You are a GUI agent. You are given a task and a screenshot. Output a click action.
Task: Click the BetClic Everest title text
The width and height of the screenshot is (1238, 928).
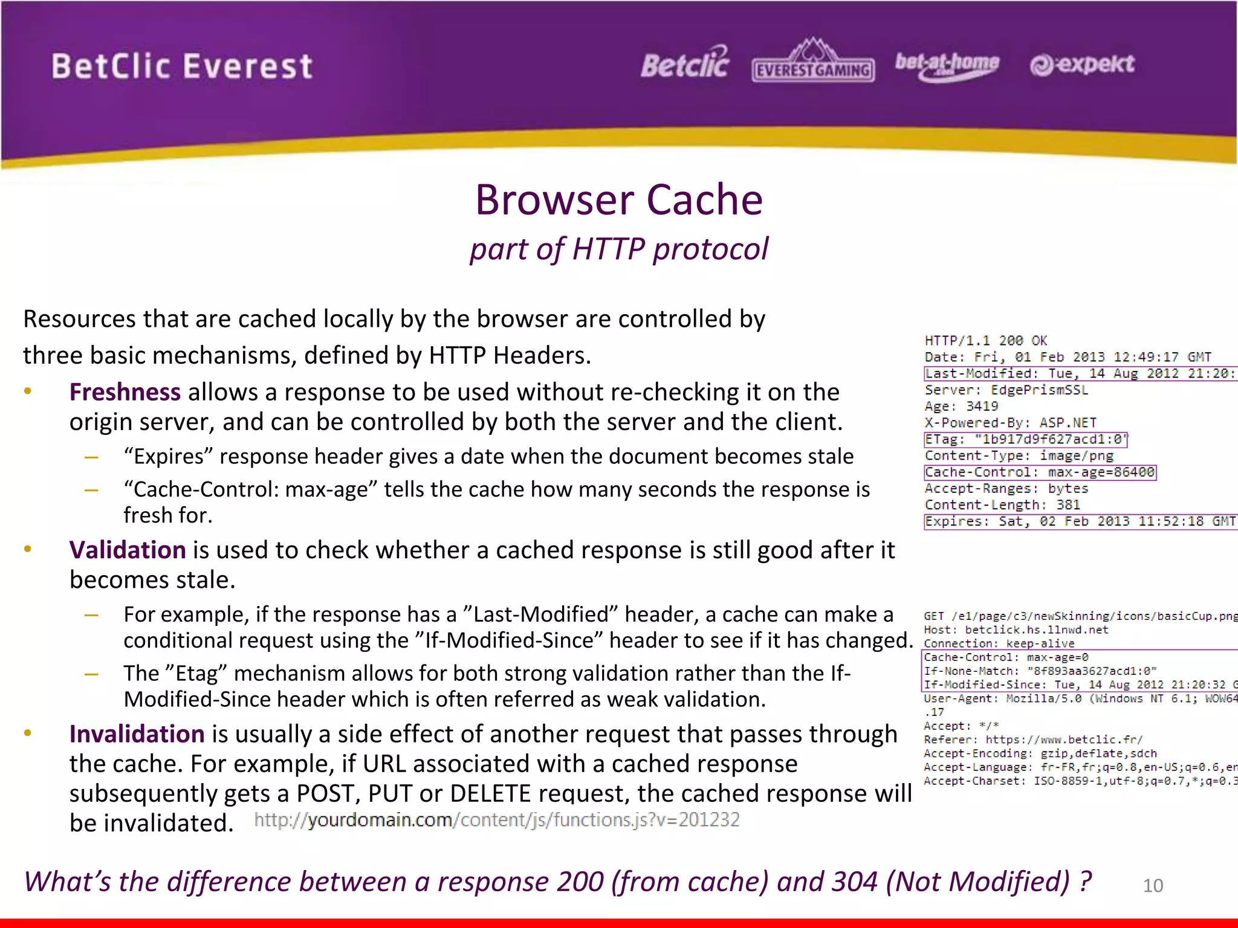[182, 66]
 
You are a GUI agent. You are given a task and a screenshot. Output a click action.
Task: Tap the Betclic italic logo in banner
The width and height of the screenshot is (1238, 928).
[685, 64]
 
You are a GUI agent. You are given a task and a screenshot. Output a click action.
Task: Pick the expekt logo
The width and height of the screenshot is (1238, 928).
[1082, 64]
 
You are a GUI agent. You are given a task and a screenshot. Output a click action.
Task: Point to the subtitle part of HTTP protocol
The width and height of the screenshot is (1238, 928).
[618, 249]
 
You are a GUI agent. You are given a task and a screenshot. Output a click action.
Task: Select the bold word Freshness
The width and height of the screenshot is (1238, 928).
[125, 392]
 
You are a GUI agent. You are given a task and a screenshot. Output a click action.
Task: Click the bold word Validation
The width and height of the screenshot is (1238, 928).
[127, 550]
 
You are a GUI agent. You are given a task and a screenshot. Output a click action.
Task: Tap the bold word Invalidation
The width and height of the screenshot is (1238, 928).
[137, 733]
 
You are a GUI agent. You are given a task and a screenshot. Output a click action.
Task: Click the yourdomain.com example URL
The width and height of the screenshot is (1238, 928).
[496, 820]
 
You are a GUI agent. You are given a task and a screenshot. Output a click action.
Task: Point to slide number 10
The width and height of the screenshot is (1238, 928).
[1152, 885]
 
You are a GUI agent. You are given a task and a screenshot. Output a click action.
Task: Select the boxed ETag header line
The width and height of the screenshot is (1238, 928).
[1026, 439]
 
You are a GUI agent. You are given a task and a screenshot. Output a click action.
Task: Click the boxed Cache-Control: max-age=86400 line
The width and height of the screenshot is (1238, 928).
[1040, 472]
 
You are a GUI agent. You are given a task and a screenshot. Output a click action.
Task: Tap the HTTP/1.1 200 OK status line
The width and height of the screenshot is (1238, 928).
[985, 341]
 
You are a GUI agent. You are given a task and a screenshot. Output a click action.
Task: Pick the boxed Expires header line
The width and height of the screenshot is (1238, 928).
[1079, 521]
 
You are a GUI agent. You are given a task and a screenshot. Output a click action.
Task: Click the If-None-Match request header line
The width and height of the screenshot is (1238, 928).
[1040, 671]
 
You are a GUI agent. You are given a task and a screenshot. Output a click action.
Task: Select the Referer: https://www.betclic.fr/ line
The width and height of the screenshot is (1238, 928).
[1032, 739]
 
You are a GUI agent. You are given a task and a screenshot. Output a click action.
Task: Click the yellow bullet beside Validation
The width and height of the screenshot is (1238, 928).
[27, 549]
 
